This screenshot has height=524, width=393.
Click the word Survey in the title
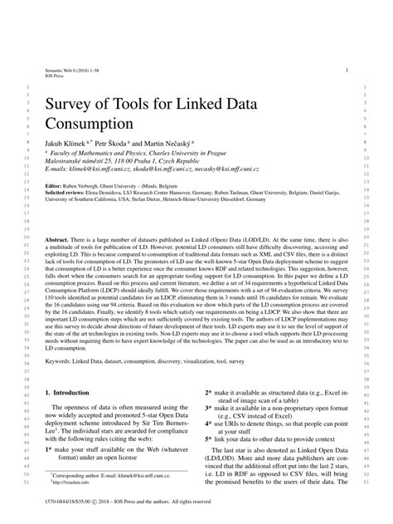point(75,105)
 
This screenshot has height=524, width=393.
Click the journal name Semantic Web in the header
point(61,72)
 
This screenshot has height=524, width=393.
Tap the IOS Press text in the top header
point(54,78)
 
